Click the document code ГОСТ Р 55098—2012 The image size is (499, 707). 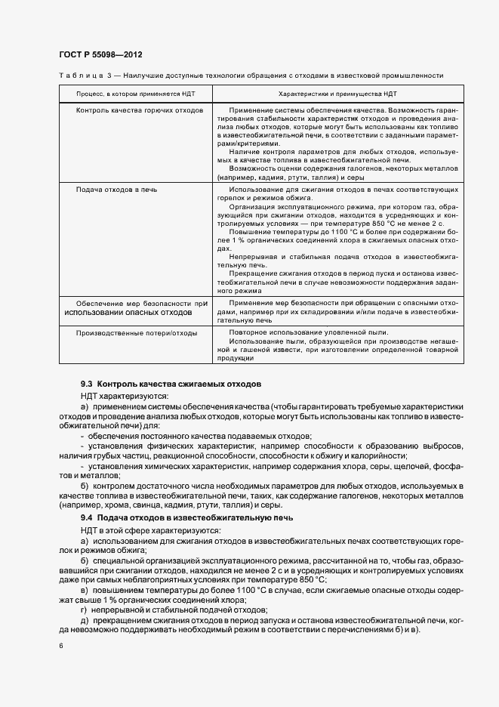coord(99,54)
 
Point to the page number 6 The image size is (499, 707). coord(60,646)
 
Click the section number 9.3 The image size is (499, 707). coord(87,384)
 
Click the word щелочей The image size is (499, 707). coord(404,466)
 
